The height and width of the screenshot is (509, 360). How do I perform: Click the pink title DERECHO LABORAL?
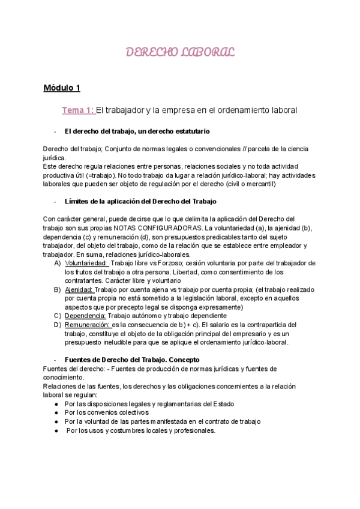180,52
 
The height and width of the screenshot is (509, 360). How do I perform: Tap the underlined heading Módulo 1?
62,88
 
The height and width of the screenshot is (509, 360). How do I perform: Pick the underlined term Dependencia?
85,316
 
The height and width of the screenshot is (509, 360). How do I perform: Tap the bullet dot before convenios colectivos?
56,412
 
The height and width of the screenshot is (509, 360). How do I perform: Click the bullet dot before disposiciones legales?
56,403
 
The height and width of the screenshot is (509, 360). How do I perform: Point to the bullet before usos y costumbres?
56,430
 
